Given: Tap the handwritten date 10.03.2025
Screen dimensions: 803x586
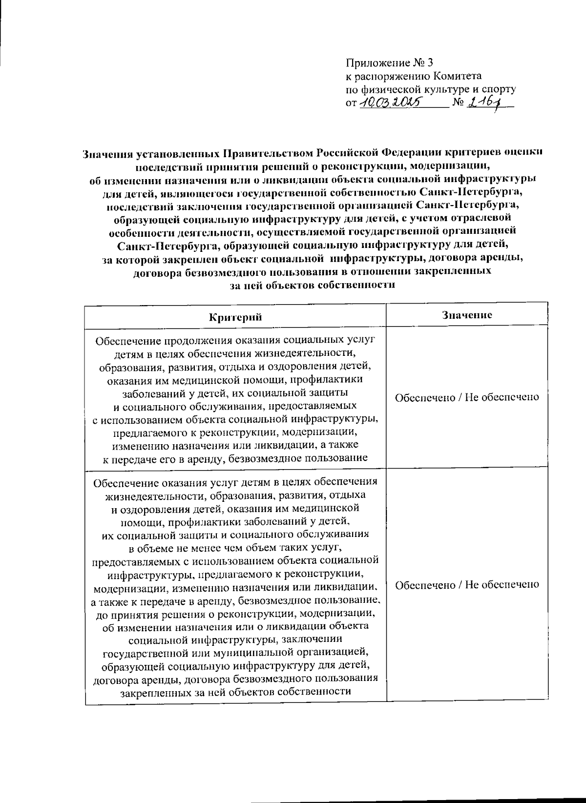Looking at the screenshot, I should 391,103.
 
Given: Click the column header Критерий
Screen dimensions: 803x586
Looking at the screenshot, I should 235,317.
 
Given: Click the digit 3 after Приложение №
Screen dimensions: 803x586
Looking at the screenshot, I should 430,63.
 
